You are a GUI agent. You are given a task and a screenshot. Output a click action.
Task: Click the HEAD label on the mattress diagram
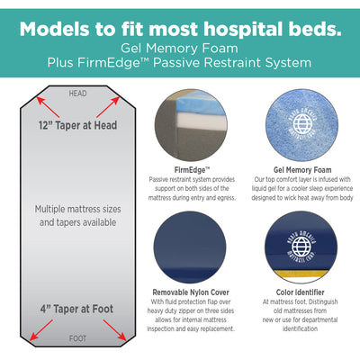(79, 94)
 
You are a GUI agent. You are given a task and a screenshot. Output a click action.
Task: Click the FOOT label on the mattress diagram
(79, 338)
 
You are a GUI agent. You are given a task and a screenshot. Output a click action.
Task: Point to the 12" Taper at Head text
(79, 125)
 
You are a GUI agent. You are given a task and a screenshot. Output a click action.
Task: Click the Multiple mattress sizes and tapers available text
(79, 215)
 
